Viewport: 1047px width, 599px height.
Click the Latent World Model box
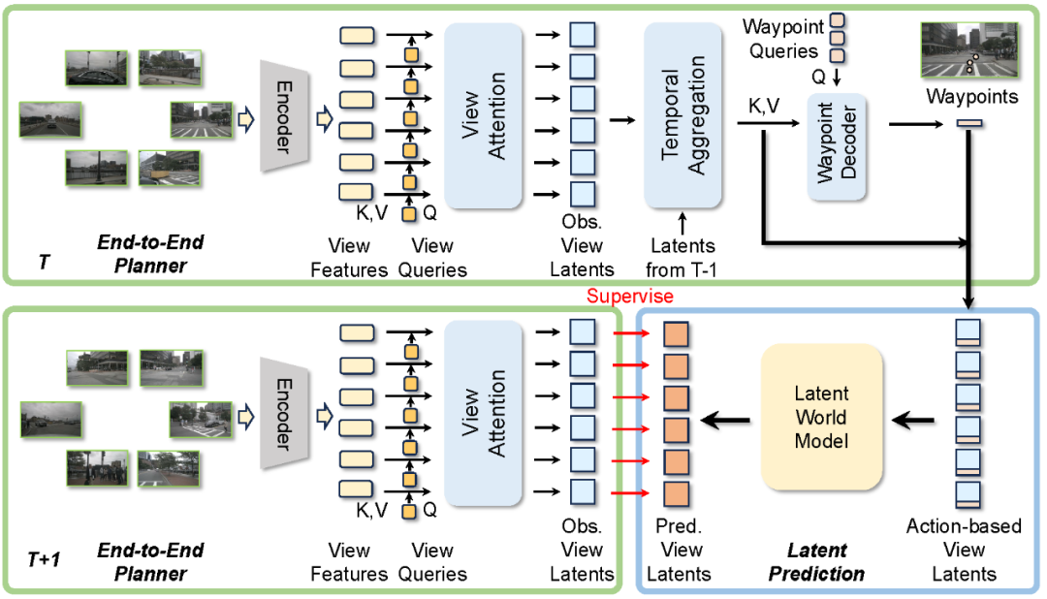pyautogui.click(x=822, y=418)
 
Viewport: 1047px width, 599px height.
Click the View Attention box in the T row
pyautogui.click(x=484, y=113)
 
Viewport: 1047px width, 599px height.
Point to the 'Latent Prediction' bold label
pyautogui.click(x=816, y=562)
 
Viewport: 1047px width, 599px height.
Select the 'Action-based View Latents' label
pyautogui.click(x=964, y=551)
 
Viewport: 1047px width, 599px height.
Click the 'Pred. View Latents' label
pyautogui.click(x=678, y=551)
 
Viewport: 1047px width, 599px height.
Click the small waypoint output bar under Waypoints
pyautogui.click(x=970, y=123)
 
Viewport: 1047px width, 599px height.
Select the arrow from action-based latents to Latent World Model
pyautogui.click(x=913, y=419)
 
